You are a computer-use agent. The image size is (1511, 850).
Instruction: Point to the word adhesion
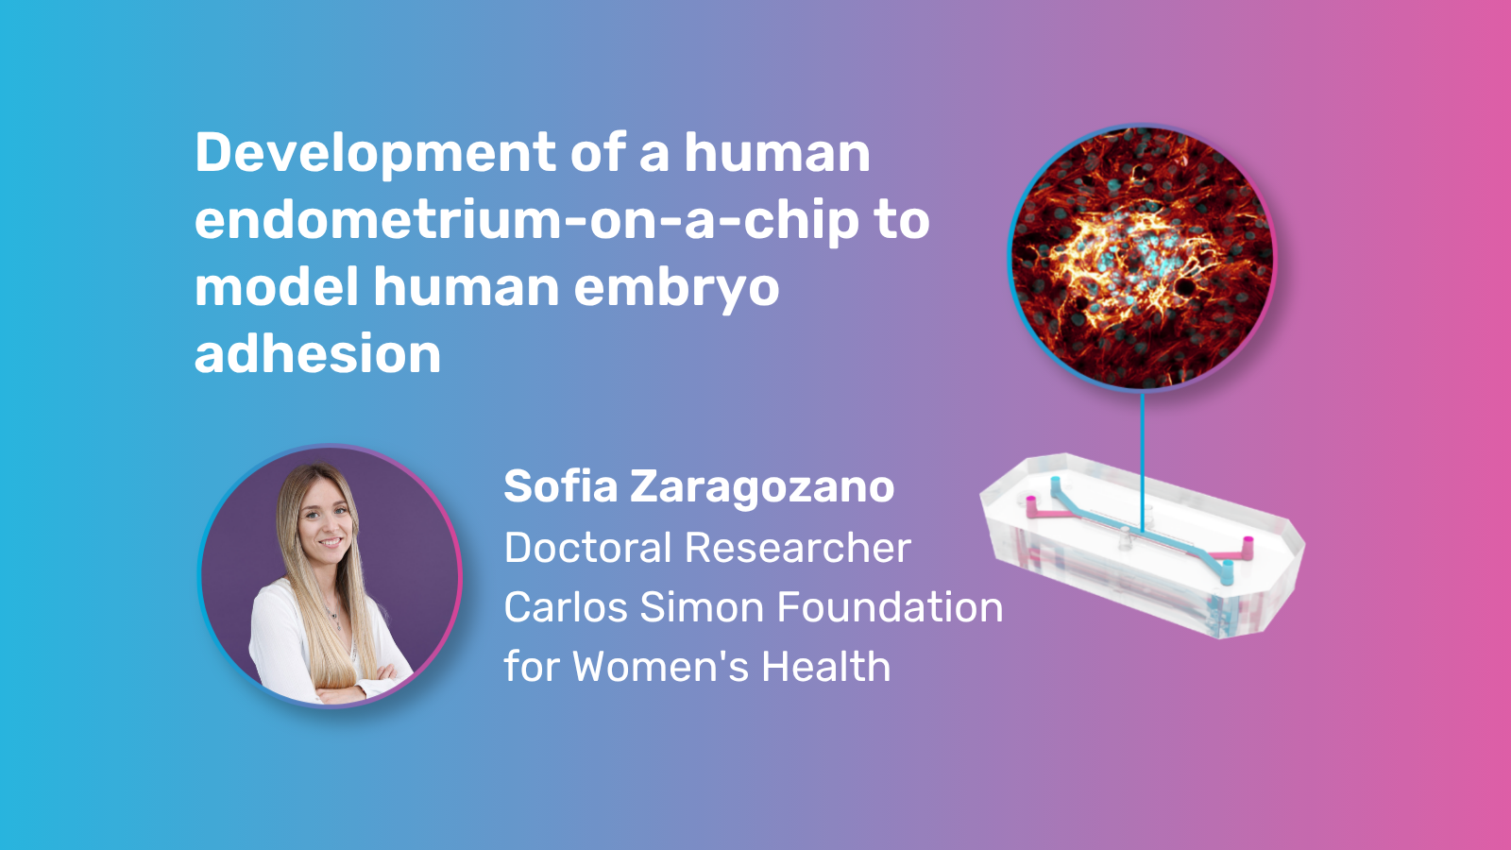coord(317,353)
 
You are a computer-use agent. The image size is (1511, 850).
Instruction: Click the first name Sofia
coord(561,485)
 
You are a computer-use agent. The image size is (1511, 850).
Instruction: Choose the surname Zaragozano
coord(762,486)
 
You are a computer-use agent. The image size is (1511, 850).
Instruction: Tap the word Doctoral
coord(587,547)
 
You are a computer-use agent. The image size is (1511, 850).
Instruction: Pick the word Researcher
coord(797,547)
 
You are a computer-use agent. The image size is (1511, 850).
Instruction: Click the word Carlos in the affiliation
coord(566,606)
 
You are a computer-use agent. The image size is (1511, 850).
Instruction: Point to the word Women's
coord(661,667)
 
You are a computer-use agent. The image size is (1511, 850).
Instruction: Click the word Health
coord(826,667)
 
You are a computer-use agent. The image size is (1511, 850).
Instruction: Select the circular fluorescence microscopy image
coord(1142,257)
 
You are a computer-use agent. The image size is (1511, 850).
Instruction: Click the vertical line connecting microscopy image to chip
coord(1142,464)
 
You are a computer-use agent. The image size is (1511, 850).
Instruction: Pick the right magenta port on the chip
coord(1248,548)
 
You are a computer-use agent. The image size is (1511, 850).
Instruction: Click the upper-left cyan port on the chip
coord(1056,484)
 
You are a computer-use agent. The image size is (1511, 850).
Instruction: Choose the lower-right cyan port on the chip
coord(1228,572)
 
